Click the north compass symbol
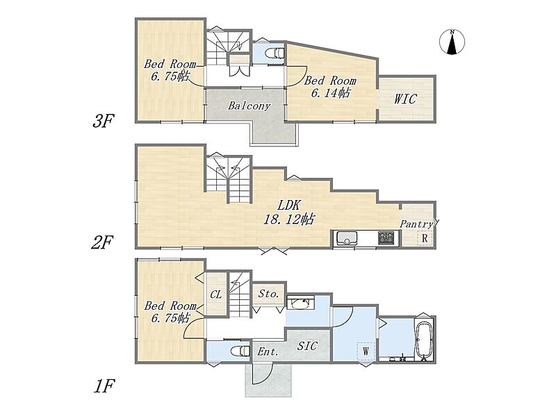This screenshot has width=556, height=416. point(452,42)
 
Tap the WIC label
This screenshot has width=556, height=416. point(405,99)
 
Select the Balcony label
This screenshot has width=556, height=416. point(249,106)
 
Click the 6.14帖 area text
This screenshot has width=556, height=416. point(331,93)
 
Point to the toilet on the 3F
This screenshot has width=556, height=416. point(275,53)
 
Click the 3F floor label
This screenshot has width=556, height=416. point(102,121)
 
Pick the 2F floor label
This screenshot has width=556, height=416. point(102,243)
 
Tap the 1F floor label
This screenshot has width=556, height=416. point(104,386)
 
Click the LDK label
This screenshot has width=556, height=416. point(288,205)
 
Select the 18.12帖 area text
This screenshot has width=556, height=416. point(288,219)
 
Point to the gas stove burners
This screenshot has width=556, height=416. point(386,238)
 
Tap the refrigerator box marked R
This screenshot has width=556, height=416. point(425,238)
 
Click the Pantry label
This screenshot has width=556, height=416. point(416,224)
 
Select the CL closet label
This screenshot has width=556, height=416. point(215,294)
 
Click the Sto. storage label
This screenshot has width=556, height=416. point(268,293)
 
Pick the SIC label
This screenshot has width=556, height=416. point(307,345)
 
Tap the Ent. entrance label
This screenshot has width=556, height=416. point(268,352)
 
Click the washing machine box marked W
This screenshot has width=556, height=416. point(366,351)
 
